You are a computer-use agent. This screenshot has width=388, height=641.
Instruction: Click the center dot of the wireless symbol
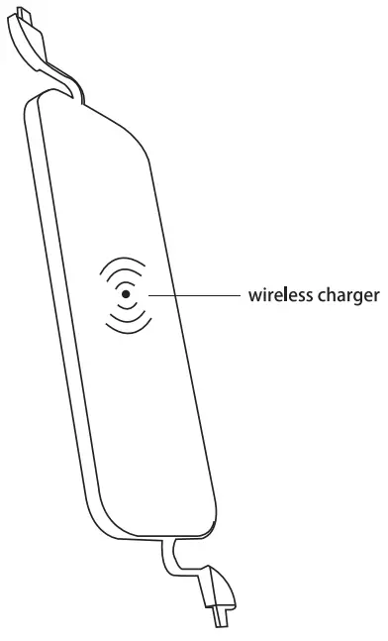(125, 294)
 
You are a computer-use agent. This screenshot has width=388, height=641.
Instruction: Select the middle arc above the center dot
(122, 272)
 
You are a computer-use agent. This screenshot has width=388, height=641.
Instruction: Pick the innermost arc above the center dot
(124, 281)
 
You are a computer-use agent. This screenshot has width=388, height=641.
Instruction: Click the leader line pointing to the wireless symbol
(198, 294)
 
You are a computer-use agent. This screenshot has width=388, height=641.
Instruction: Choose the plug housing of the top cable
(24, 36)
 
